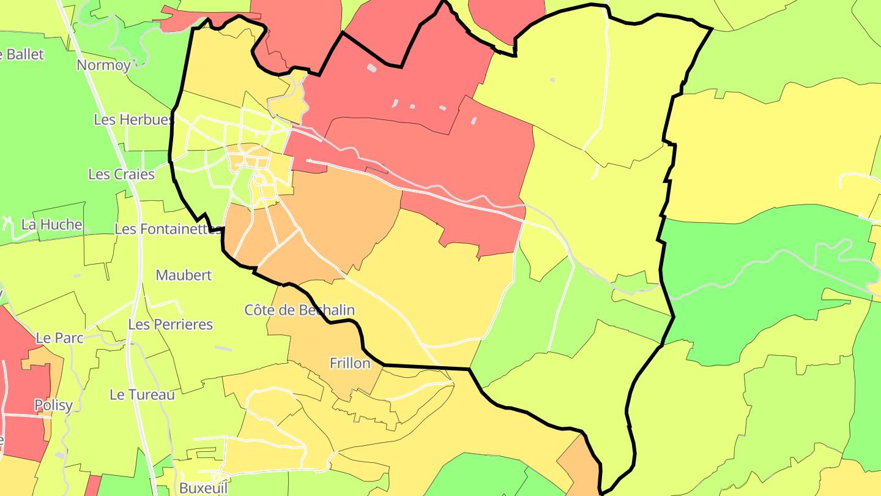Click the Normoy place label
(x=103, y=65)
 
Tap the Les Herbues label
(x=133, y=119)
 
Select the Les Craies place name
(x=121, y=174)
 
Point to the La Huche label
(x=51, y=224)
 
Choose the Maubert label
(x=184, y=275)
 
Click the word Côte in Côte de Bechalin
(x=260, y=310)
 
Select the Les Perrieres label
(x=170, y=324)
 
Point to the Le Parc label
(x=59, y=337)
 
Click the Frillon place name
(x=350, y=363)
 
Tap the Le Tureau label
(x=142, y=394)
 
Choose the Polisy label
(x=53, y=405)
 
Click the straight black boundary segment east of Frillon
(x=426, y=367)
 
